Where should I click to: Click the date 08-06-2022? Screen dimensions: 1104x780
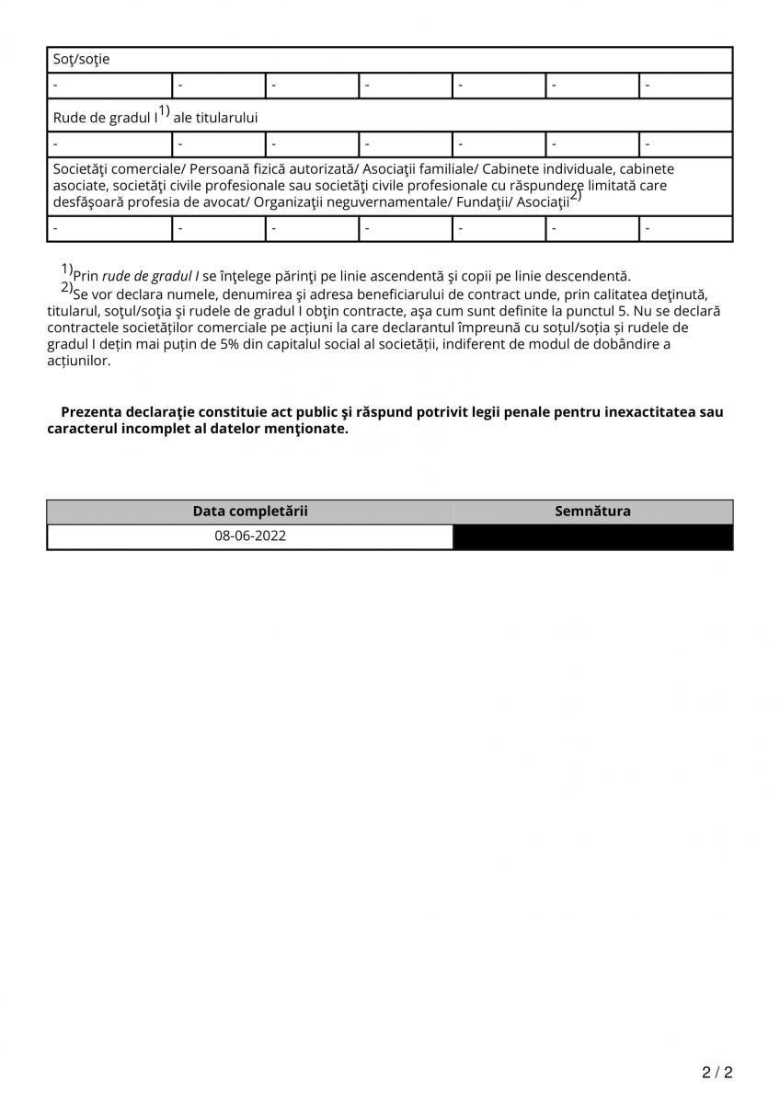tap(250, 536)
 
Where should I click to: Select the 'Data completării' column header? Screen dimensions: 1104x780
tap(250, 512)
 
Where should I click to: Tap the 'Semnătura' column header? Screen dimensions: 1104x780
tap(592, 512)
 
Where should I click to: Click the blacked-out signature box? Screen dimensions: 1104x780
tap(592, 537)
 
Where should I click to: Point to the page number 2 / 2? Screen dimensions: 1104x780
tap(717, 1073)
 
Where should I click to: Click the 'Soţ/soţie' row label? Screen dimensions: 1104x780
tap(81, 60)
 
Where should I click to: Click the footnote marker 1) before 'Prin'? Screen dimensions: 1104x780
tap(67, 269)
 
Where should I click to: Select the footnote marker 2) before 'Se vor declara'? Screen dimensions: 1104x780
tap(67, 286)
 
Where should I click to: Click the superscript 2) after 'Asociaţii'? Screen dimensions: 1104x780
tap(576, 195)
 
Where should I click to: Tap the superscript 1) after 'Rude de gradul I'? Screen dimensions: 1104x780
tap(164, 111)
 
